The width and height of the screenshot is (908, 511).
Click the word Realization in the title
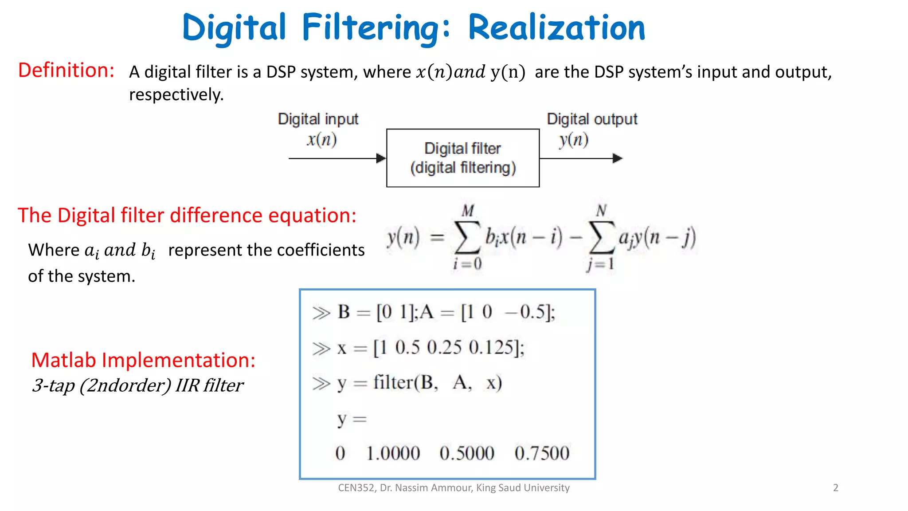[556, 28]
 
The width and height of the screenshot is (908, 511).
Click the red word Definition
[66, 70]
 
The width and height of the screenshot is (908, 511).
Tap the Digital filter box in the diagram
[463, 158]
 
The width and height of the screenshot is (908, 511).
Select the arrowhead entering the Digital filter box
[381, 158]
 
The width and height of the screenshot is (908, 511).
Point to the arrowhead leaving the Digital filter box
[617, 158]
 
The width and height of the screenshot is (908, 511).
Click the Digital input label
[318, 119]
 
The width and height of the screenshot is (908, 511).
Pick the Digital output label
[592, 119]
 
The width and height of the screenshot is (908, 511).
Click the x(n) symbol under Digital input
[322, 140]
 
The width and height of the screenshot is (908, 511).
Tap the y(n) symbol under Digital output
[574, 140]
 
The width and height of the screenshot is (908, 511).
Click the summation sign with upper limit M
[467, 237]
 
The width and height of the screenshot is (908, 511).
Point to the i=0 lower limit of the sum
[467, 264]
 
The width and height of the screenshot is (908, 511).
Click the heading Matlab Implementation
[143, 360]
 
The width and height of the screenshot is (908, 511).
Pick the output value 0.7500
[542, 453]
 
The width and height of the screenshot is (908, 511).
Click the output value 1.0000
[393, 453]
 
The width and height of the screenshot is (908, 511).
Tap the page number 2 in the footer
[836, 488]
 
